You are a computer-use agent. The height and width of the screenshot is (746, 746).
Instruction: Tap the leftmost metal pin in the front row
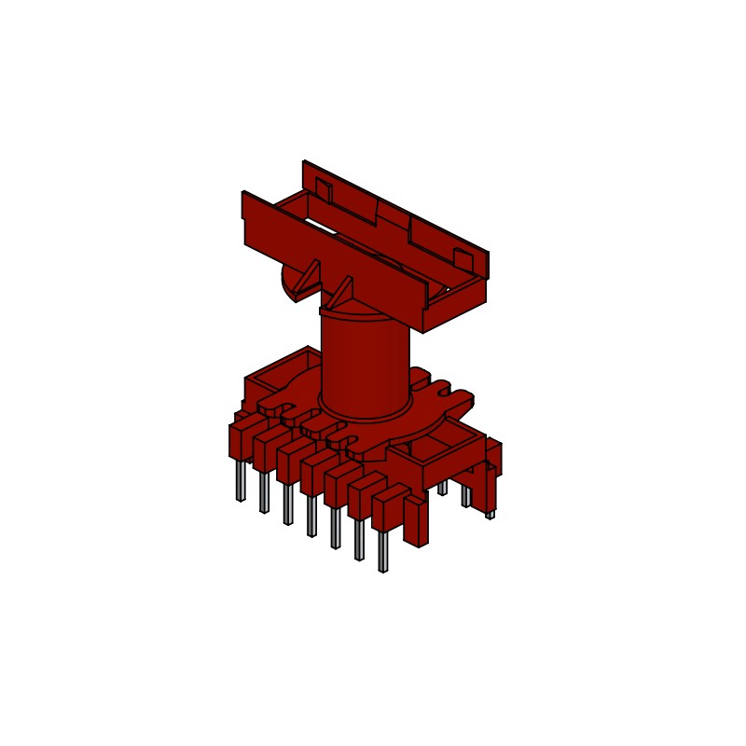241,480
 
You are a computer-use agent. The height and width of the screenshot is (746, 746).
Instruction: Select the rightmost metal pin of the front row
382,552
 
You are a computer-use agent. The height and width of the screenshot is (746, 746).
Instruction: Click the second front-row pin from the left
264,492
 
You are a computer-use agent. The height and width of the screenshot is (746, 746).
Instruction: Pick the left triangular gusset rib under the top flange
308,279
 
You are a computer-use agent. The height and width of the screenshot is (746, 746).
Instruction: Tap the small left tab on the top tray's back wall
323,191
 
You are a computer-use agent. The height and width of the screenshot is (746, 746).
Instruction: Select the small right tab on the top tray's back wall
462,257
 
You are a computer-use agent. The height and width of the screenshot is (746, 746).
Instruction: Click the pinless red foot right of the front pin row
416,522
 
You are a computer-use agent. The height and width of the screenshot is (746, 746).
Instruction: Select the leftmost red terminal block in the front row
241,440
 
